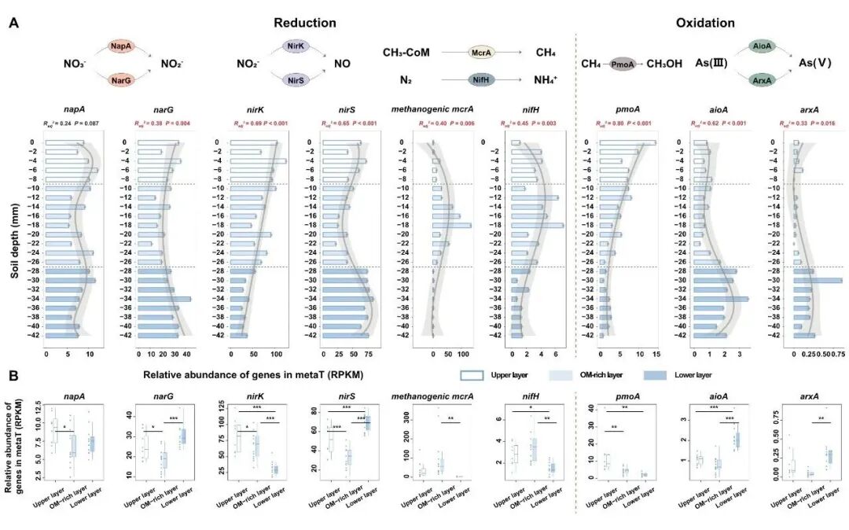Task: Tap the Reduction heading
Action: (x=305, y=23)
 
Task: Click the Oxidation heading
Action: (x=705, y=23)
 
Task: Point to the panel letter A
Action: (x=13, y=24)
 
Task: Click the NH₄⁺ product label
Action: (x=546, y=79)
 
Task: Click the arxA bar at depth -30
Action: (x=817, y=280)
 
